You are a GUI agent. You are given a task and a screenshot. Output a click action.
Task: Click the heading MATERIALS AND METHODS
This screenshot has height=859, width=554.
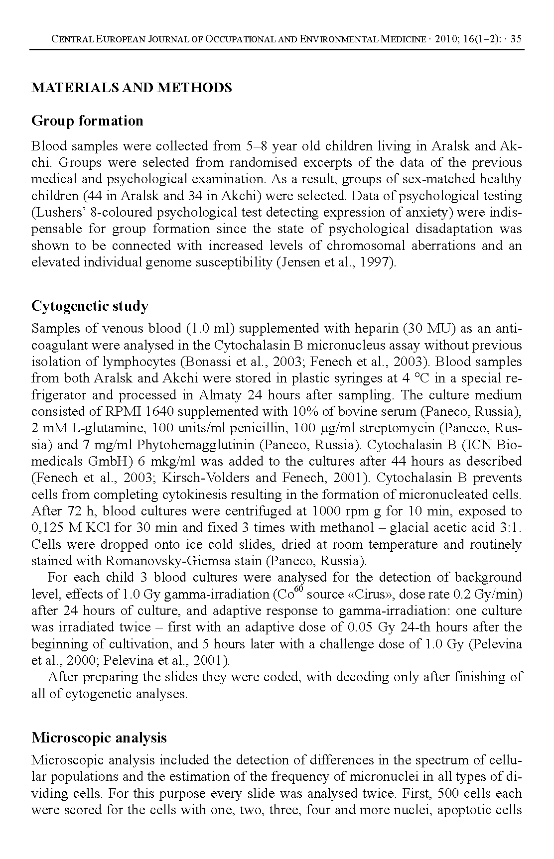(132, 88)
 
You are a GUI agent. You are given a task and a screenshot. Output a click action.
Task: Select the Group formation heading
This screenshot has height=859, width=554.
(87, 121)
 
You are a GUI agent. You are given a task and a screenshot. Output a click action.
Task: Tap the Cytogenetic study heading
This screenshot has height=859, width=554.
(90, 306)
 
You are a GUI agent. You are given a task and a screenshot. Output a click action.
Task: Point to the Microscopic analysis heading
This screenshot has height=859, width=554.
(99, 737)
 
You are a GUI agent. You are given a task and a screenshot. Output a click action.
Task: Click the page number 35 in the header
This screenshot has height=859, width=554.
(516, 39)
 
